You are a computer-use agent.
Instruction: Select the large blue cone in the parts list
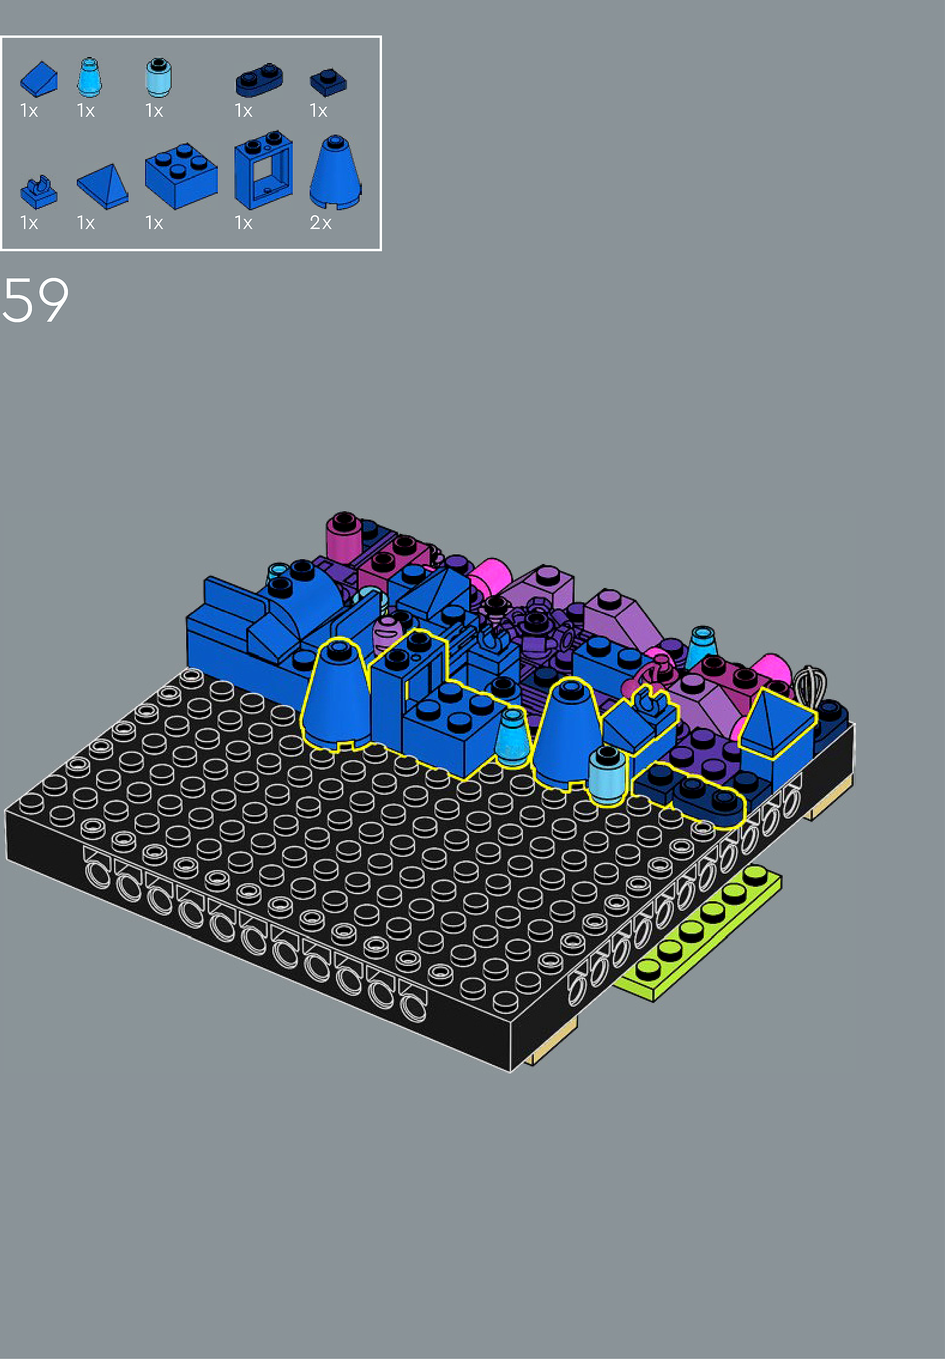(335, 172)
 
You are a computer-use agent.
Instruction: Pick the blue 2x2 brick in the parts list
(181, 176)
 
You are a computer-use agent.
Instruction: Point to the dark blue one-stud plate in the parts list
(328, 82)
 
